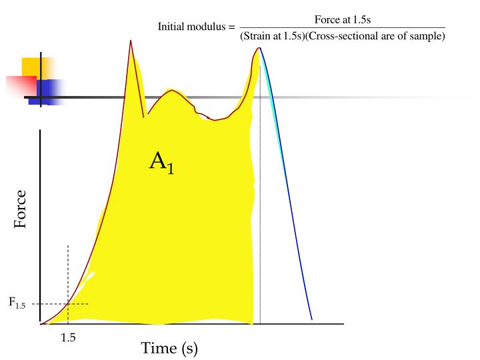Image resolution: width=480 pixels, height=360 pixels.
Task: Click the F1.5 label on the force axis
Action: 17,303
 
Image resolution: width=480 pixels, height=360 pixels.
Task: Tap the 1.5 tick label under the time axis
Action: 68,337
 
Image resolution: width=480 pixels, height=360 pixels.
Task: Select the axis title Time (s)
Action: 169,347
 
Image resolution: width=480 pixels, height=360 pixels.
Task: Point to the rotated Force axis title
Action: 21,209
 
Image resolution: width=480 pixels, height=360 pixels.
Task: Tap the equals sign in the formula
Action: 231,27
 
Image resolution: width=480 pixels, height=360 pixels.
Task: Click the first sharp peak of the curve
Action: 131,41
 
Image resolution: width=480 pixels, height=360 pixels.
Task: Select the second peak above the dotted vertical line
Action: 259,48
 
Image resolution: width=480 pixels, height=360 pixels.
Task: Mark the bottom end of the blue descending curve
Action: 311,319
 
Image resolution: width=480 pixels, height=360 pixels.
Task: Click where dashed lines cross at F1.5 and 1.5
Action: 68,304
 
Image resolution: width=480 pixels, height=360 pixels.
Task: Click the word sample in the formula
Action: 430,36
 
